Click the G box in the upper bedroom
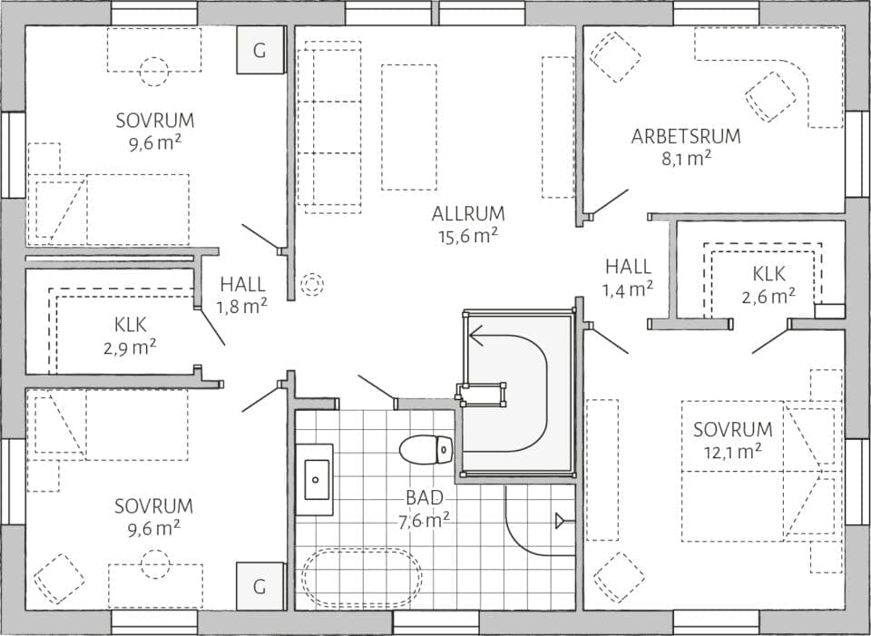pos(259,50)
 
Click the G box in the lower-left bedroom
pos(259,586)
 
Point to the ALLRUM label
pos(468,214)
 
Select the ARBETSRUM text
pos(686,137)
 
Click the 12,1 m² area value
pos(732,451)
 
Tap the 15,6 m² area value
pos(468,235)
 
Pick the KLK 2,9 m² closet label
pos(131,333)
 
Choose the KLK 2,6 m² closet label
pos(769,283)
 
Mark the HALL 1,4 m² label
pos(629,278)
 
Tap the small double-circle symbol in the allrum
pos(312,285)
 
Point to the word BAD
pos(424,498)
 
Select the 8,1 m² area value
pos(686,158)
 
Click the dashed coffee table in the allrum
pos(408,126)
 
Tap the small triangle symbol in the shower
pos(561,520)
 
